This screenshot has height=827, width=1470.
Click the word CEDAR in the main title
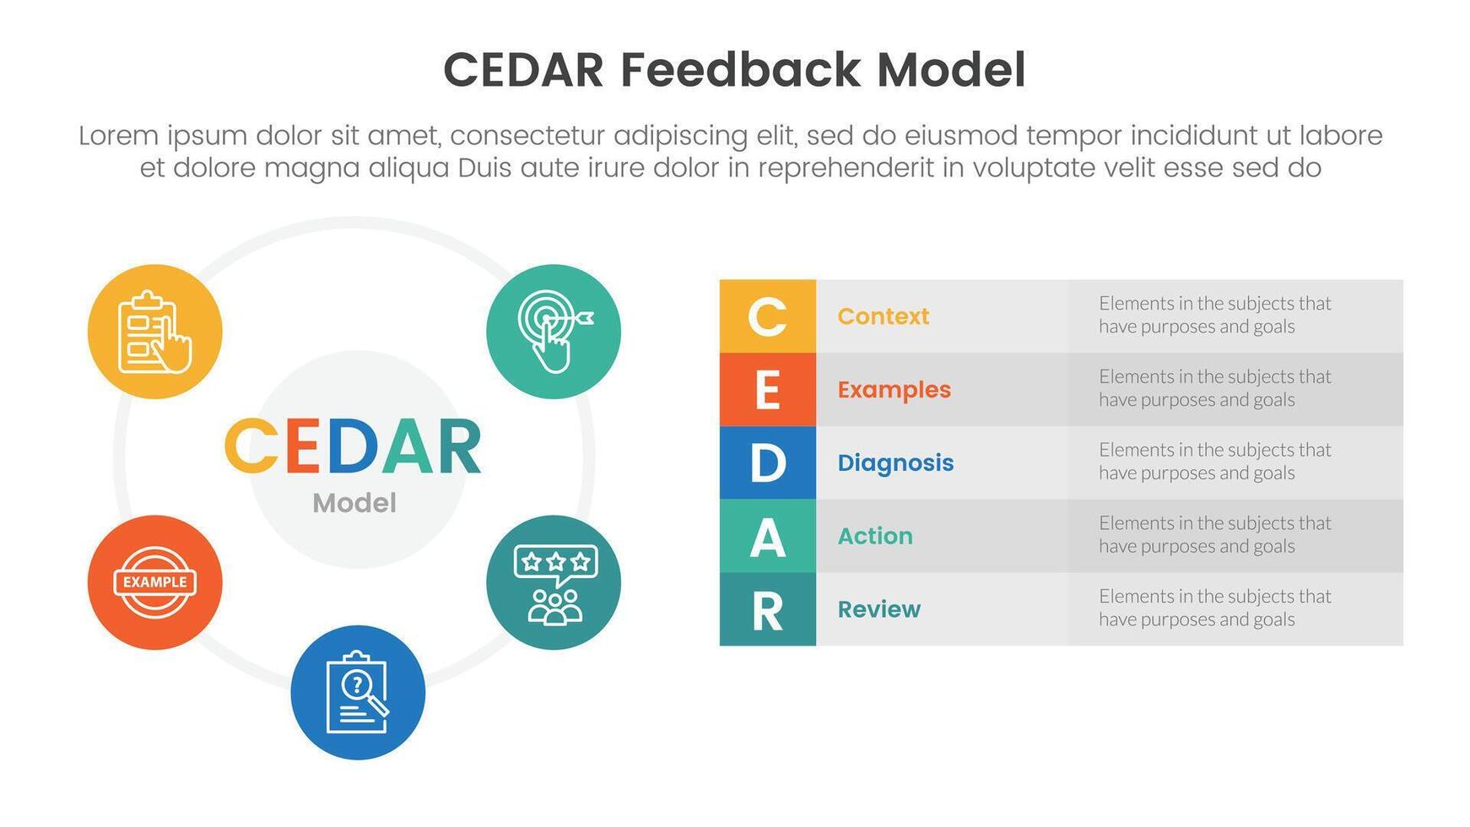click(523, 70)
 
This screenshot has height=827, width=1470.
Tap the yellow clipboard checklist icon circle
click(155, 332)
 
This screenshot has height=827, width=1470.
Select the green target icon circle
click(554, 332)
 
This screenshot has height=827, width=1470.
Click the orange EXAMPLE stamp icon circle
click(155, 582)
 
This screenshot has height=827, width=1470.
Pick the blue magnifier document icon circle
click(358, 692)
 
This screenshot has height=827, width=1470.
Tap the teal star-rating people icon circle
click(554, 582)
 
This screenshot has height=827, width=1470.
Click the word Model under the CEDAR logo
click(354, 503)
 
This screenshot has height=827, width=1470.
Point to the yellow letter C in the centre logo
click(251, 446)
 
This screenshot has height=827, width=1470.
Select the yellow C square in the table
click(767, 316)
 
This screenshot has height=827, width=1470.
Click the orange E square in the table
click(767, 390)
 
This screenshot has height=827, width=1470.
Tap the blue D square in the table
click(767, 462)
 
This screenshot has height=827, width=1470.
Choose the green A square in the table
click(767, 536)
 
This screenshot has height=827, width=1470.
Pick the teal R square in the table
click(767, 609)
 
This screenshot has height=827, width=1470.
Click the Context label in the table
click(883, 316)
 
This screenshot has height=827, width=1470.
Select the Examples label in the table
click(894, 390)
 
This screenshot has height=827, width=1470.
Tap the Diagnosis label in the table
click(895, 462)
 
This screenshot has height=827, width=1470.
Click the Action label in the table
click(875, 536)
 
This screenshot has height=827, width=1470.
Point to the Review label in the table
click(878, 609)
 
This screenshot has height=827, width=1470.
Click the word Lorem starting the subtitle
click(118, 136)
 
